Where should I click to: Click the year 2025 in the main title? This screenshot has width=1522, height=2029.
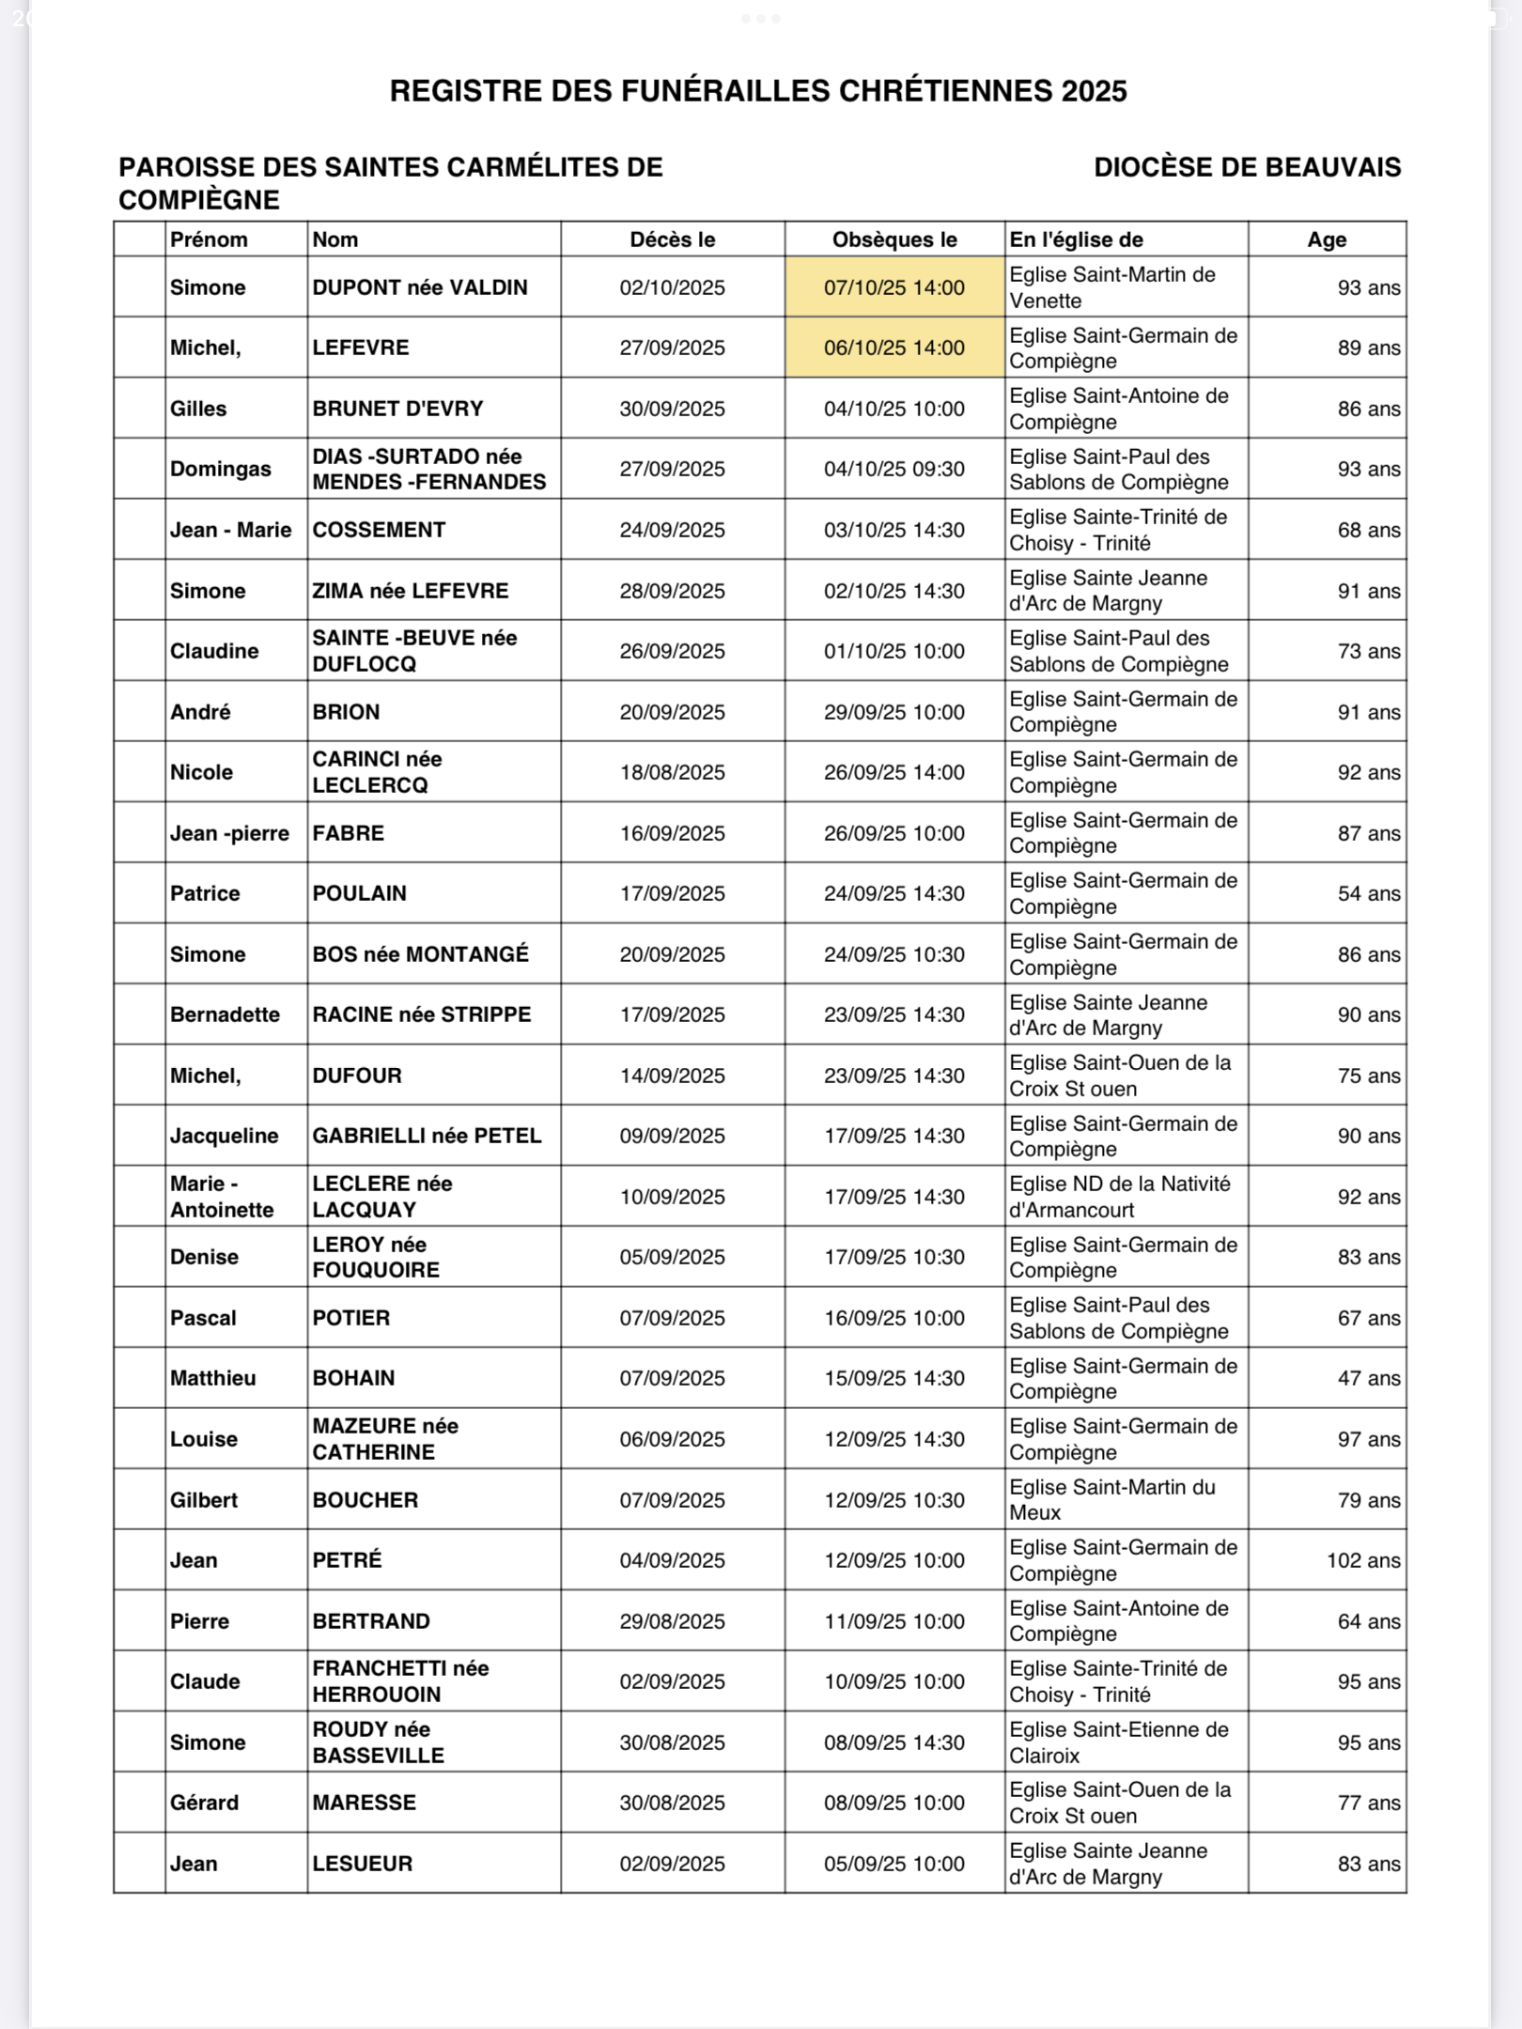pos(1094,91)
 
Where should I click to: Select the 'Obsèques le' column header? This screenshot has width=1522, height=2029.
pos(893,240)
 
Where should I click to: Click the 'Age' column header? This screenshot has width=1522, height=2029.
pos(1326,240)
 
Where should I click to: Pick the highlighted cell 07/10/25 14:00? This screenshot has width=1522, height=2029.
pos(893,287)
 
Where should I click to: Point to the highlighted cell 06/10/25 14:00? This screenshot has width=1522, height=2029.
pos(893,348)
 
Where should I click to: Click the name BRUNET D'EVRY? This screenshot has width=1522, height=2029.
pos(397,409)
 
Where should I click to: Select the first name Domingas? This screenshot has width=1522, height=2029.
pos(220,469)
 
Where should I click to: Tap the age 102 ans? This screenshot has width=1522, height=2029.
pos(1362,1560)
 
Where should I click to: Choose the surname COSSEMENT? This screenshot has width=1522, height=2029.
pos(379,530)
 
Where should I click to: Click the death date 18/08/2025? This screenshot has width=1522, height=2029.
pos(672,772)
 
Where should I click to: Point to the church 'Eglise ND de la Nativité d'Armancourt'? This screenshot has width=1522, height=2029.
pos(1119,1197)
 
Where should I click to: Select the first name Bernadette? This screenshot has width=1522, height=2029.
pos(225,1014)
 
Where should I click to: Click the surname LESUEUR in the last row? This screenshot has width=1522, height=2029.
pos(362,1864)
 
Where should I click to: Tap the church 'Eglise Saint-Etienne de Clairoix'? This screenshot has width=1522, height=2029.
pos(1118,1742)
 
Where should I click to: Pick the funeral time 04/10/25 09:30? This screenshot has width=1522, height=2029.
pos(893,469)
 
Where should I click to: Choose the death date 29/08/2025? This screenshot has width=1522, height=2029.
pos(672,1621)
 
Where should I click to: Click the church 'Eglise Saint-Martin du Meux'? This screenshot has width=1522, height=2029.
pos(1111,1500)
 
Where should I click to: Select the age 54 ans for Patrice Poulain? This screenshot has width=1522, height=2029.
pos(1368,893)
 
